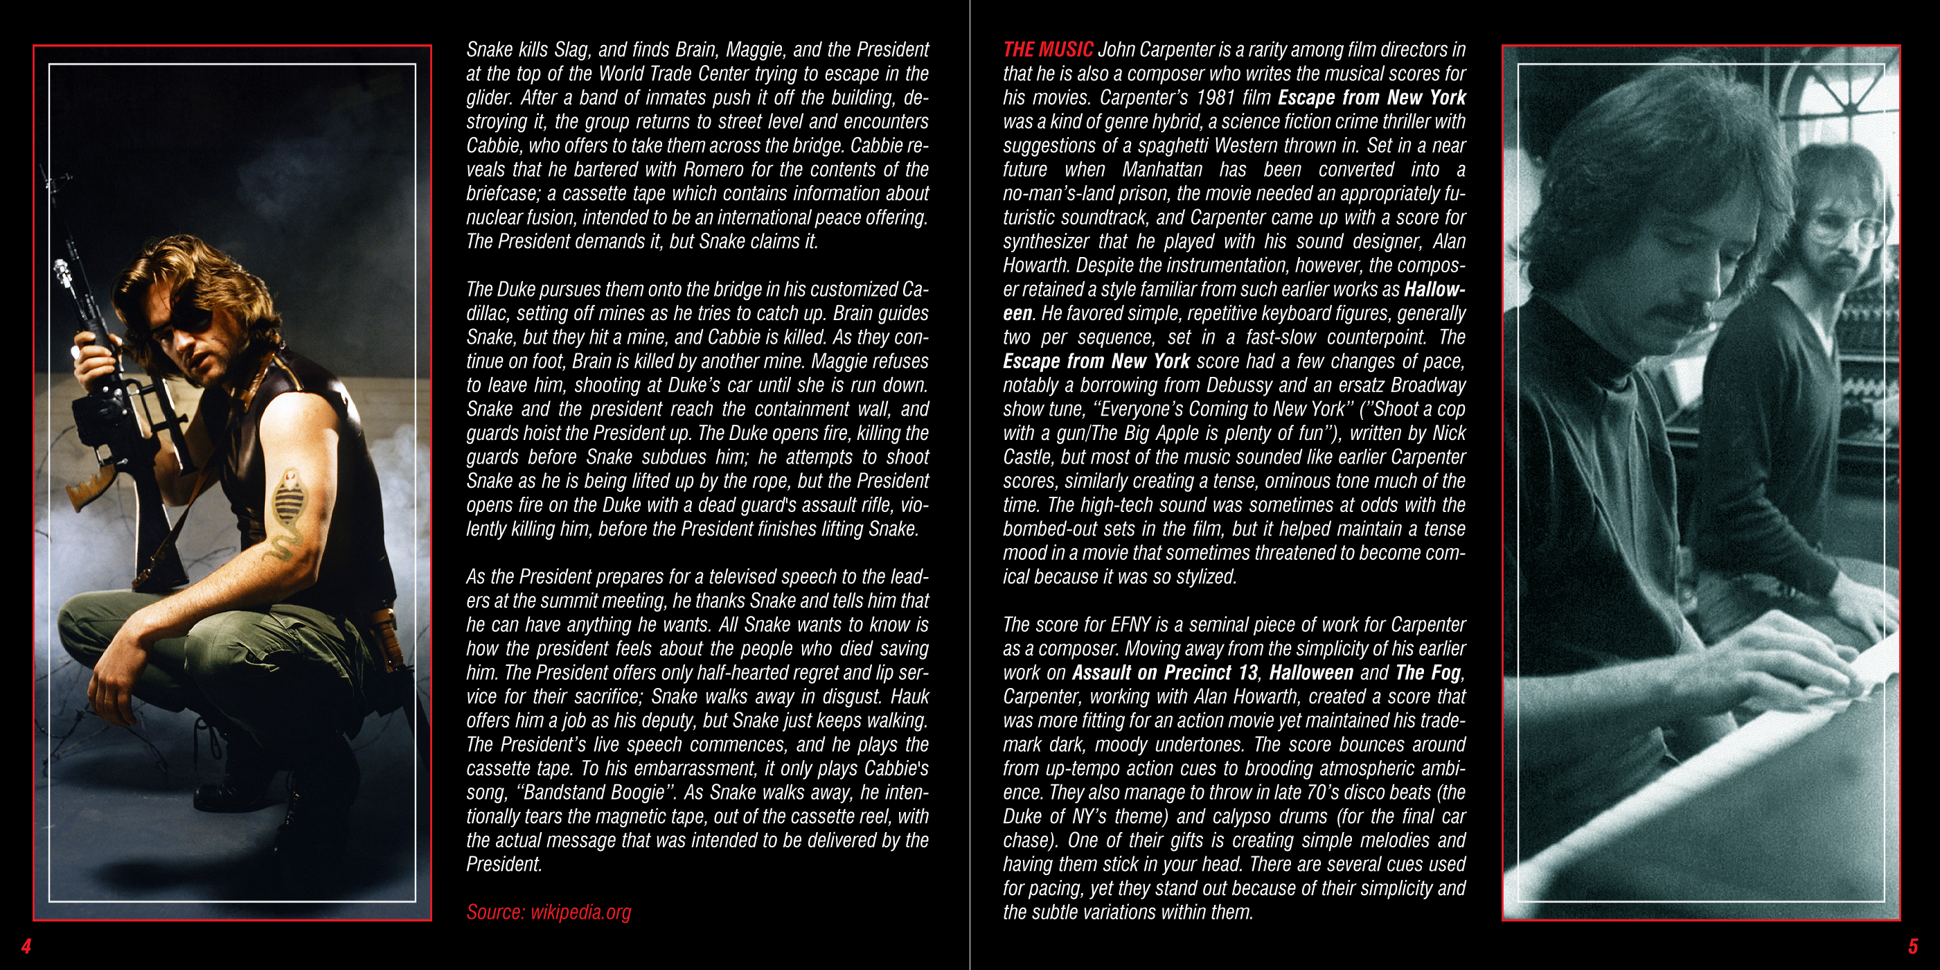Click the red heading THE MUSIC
1047,50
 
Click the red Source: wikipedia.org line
549,912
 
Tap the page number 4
26,946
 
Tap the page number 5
1913,946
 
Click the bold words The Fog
1428,673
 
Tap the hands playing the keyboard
1792,663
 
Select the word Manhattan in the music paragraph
1162,170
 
